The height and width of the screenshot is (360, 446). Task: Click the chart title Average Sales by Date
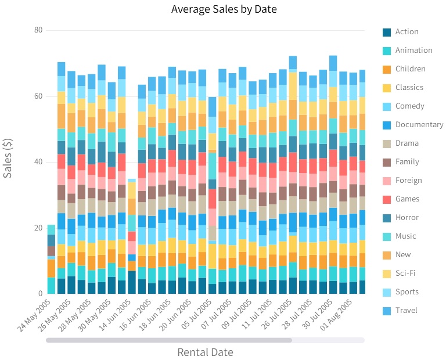pos(224,9)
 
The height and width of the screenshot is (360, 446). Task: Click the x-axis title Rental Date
pos(205,352)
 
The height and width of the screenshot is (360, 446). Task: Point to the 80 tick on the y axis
pos(38,30)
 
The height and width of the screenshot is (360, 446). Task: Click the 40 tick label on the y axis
pos(38,162)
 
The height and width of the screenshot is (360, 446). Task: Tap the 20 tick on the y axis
pos(38,228)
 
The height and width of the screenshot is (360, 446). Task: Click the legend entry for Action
pos(407,32)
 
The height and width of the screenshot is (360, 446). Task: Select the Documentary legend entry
pos(419,125)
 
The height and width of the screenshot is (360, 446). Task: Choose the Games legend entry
pos(407,199)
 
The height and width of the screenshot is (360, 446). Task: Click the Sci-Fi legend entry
pos(405,273)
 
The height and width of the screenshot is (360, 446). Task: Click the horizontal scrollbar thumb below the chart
pos(169,340)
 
